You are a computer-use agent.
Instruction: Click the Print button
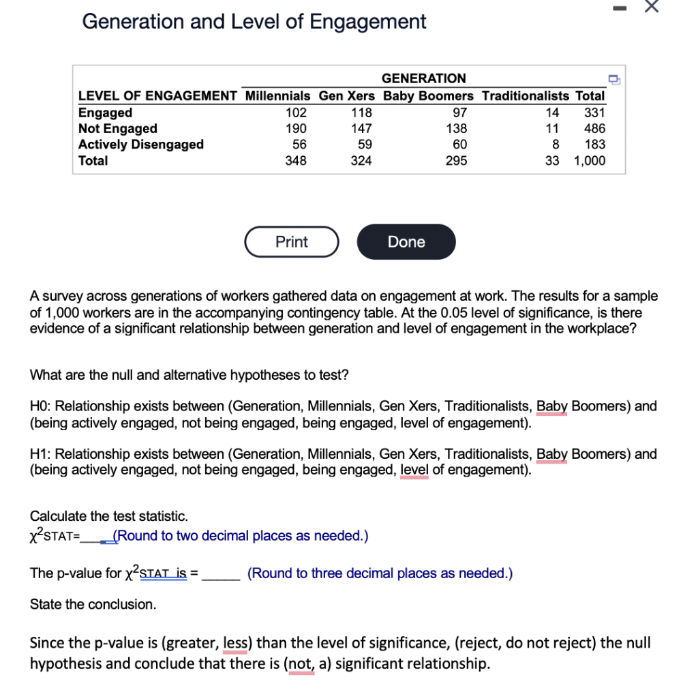(292, 242)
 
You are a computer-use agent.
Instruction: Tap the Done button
(406, 242)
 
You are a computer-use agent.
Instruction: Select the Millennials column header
(277, 96)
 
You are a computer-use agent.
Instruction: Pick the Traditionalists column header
(525, 96)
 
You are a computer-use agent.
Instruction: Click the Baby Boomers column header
(428, 96)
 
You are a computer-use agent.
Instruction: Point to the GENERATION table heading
(423, 78)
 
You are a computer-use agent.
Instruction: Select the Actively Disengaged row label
(141, 145)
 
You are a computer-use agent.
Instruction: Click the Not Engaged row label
(118, 129)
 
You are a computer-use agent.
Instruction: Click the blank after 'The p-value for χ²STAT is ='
(220, 574)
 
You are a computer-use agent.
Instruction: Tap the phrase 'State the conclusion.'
(93, 604)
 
